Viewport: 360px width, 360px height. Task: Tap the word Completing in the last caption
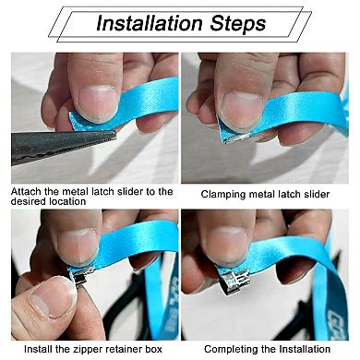234,349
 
